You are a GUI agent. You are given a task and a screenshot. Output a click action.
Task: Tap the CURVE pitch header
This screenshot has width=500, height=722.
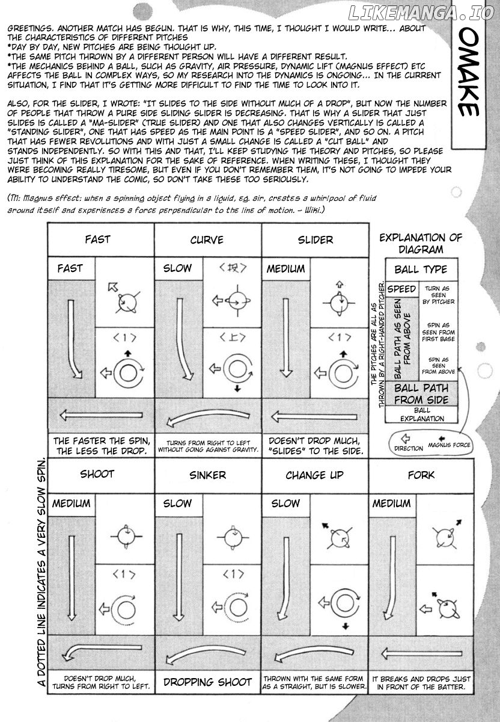pyautogui.click(x=207, y=240)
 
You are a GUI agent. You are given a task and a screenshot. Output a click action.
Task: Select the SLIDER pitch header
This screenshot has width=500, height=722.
pyautogui.click(x=316, y=240)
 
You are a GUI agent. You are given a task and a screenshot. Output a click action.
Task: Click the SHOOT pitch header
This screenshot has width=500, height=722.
pyautogui.click(x=97, y=474)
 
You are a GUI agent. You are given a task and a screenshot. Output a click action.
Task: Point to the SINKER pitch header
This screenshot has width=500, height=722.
pyautogui.click(x=207, y=475)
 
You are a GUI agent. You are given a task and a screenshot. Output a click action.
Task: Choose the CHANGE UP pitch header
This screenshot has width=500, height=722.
pyautogui.click(x=314, y=475)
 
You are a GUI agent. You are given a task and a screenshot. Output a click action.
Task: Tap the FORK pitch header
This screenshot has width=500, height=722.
pyautogui.click(x=422, y=475)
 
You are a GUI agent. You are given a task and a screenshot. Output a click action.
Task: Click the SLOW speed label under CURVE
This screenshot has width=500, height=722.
pyautogui.click(x=177, y=268)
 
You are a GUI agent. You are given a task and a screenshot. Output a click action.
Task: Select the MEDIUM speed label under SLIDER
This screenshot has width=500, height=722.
pyautogui.click(x=285, y=268)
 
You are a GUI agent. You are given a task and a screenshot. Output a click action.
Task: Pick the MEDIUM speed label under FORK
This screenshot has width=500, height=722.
pyautogui.click(x=392, y=503)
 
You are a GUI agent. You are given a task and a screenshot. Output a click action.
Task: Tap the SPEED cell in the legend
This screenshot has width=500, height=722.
pyautogui.click(x=401, y=289)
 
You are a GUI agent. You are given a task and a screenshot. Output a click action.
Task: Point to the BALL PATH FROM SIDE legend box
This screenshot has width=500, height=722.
pyautogui.click(x=421, y=394)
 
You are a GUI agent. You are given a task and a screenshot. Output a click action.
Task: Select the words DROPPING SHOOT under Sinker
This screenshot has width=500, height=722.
pyautogui.click(x=207, y=682)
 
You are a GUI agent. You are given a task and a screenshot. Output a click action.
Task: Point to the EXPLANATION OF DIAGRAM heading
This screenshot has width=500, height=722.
pyautogui.click(x=421, y=243)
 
